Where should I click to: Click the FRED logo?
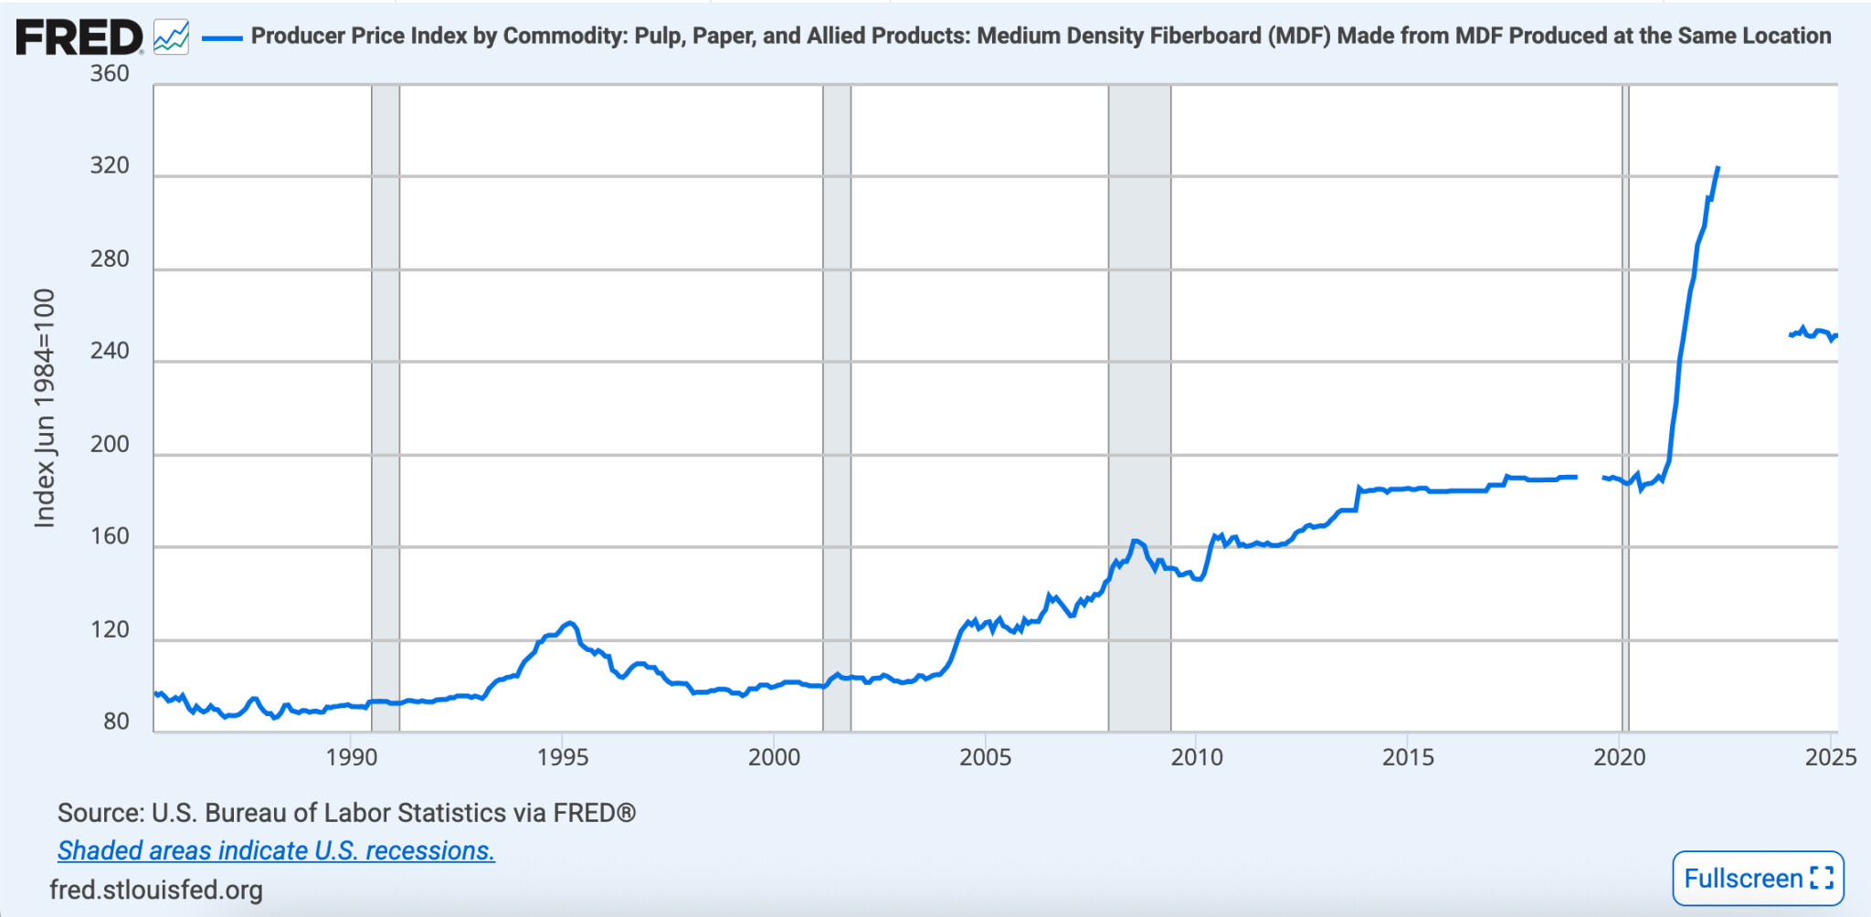[x=79, y=37]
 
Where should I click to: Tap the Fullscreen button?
[x=1758, y=878]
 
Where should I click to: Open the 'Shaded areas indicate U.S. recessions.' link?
[x=276, y=850]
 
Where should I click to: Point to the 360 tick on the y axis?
[x=110, y=74]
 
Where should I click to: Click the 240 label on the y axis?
[x=110, y=351]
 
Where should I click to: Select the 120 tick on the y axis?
[x=110, y=629]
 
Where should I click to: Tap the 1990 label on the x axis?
[x=352, y=757]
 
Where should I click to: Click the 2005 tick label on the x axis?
[x=985, y=757]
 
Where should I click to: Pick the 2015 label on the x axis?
[x=1408, y=757]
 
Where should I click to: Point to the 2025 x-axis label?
[x=1831, y=757]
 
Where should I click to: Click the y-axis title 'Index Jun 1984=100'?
[x=45, y=407]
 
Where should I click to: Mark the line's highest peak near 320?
[x=1718, y=169]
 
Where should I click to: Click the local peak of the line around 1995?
[x=570, y=623]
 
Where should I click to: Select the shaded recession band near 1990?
[x=386, y=407]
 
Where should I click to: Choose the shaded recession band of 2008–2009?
[x=1139, y=407]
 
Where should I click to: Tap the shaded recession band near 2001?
[x=837, y=407]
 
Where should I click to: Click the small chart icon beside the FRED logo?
[x=171, y=37]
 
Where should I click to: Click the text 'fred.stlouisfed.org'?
[x=156, y=890]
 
